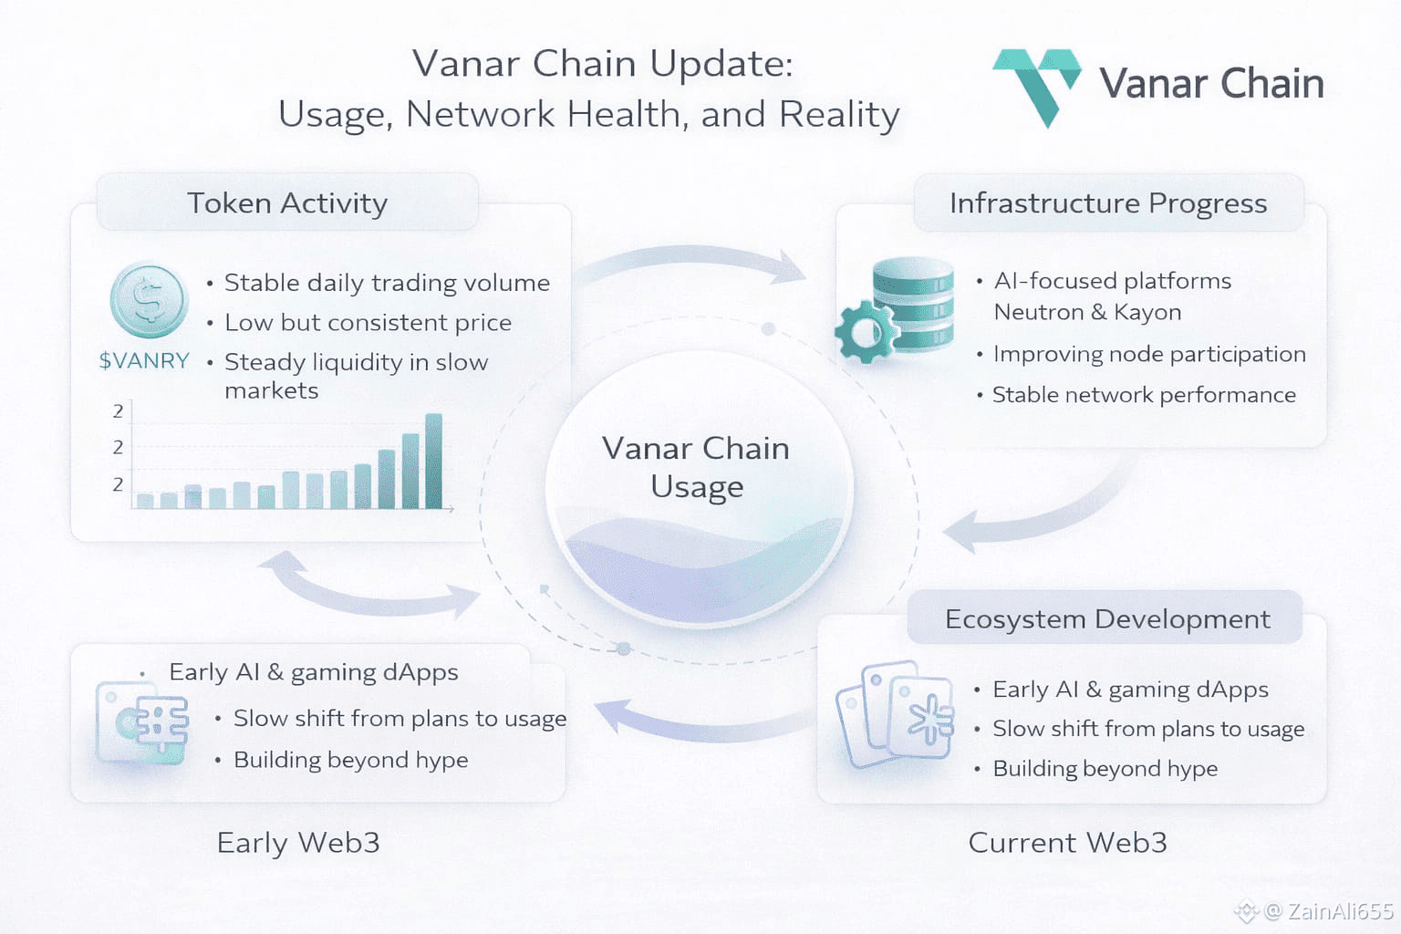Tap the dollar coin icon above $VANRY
pyautogui.click(x=148, y=300)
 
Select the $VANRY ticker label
pyautogui.click(x=144, y=361)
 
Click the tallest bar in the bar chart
pyautogui.click(x=434, y=461)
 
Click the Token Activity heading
pyautogui.click(x=287, y=202)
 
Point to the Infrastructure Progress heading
pyautogui.click(x=1108, y=202)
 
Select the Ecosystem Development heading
pyautogui.click(x=1107, y=619)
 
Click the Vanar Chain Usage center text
pyautogui.click(x=697, y=467)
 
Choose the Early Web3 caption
pyautogui.click(x=298, y=843)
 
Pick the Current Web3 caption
pyautogui.click(x=1067, y=843)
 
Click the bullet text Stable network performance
pyautogui.click(x=1144, y=395)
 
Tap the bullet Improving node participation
pyautogui.click(x=1149, y=354)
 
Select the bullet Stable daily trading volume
pyautogui.click(x=387, y=283)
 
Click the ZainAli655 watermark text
pyautogui.click(x=1340, y=911)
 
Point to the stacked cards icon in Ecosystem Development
pyautogui.click(x=895, y=714)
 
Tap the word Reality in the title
pyautogui.click(x=839, y=115)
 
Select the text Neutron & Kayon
pyautogui.click(x=1087, y=312)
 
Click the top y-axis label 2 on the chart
pyautogui.click(x=118, y=411)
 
